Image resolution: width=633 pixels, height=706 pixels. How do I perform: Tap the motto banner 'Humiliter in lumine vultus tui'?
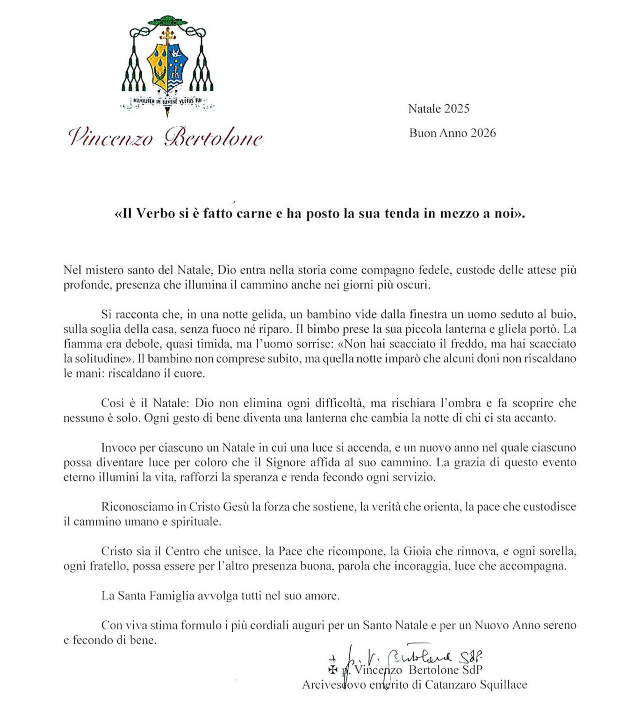tap(167, 100)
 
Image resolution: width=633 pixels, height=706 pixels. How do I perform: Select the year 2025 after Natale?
tap(457, 109)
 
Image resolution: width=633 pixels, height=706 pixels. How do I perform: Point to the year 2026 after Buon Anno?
tap(483, 133)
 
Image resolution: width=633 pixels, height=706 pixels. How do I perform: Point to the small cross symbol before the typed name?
tap(332, 670)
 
